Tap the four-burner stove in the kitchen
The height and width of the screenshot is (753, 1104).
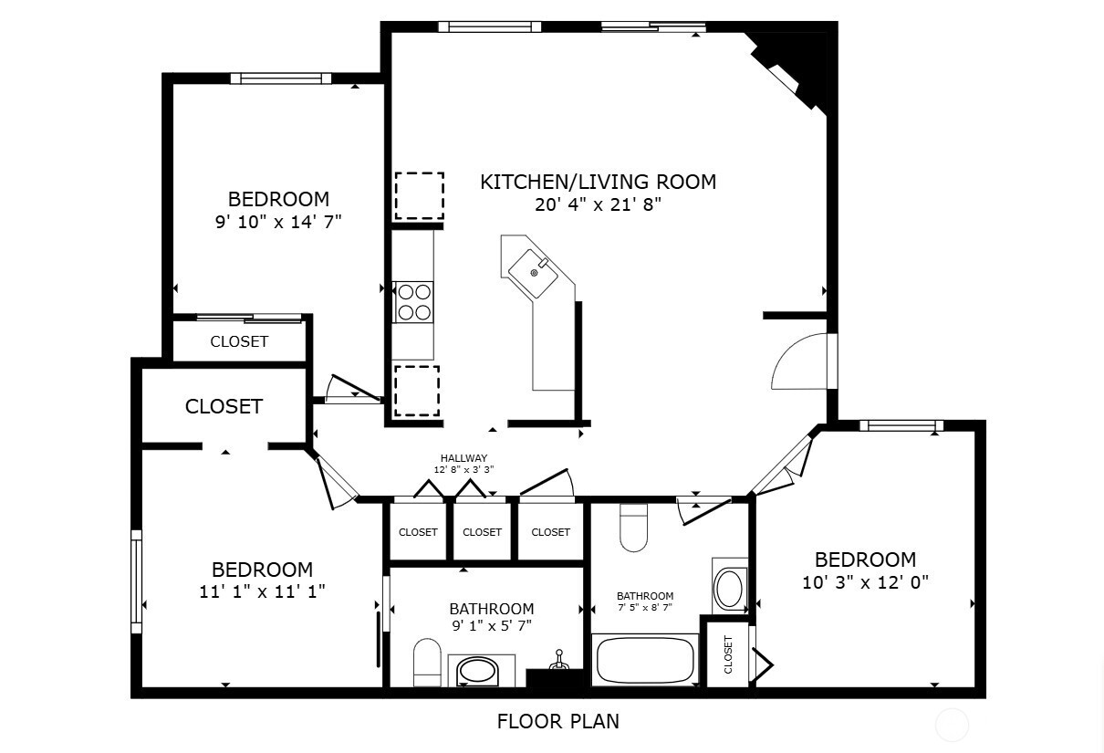[413, 302]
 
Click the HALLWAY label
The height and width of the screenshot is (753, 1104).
[463, 458]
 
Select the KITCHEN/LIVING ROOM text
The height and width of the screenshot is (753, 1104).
[598, 182]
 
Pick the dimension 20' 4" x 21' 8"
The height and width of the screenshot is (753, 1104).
[598, 204]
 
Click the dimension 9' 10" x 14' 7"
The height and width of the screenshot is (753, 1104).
[278, 221]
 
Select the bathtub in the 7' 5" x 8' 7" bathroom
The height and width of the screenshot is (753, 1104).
[645, 660]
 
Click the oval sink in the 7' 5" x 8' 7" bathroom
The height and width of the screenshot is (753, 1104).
[730, 589]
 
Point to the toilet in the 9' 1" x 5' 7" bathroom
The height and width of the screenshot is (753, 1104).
[427, 662]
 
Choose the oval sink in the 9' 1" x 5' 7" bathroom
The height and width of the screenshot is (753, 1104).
[477, 672]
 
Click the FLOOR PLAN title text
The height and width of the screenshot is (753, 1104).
[557, 721]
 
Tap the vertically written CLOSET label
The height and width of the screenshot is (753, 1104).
[728, 654]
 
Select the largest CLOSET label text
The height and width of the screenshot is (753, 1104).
[224, 406]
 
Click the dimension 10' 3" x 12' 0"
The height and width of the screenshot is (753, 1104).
[865, 582]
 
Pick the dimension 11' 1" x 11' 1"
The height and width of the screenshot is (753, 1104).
[262, 591]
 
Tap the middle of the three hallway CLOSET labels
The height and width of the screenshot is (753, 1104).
[482, 532]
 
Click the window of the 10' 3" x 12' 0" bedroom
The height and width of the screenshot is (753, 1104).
[901, 424]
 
